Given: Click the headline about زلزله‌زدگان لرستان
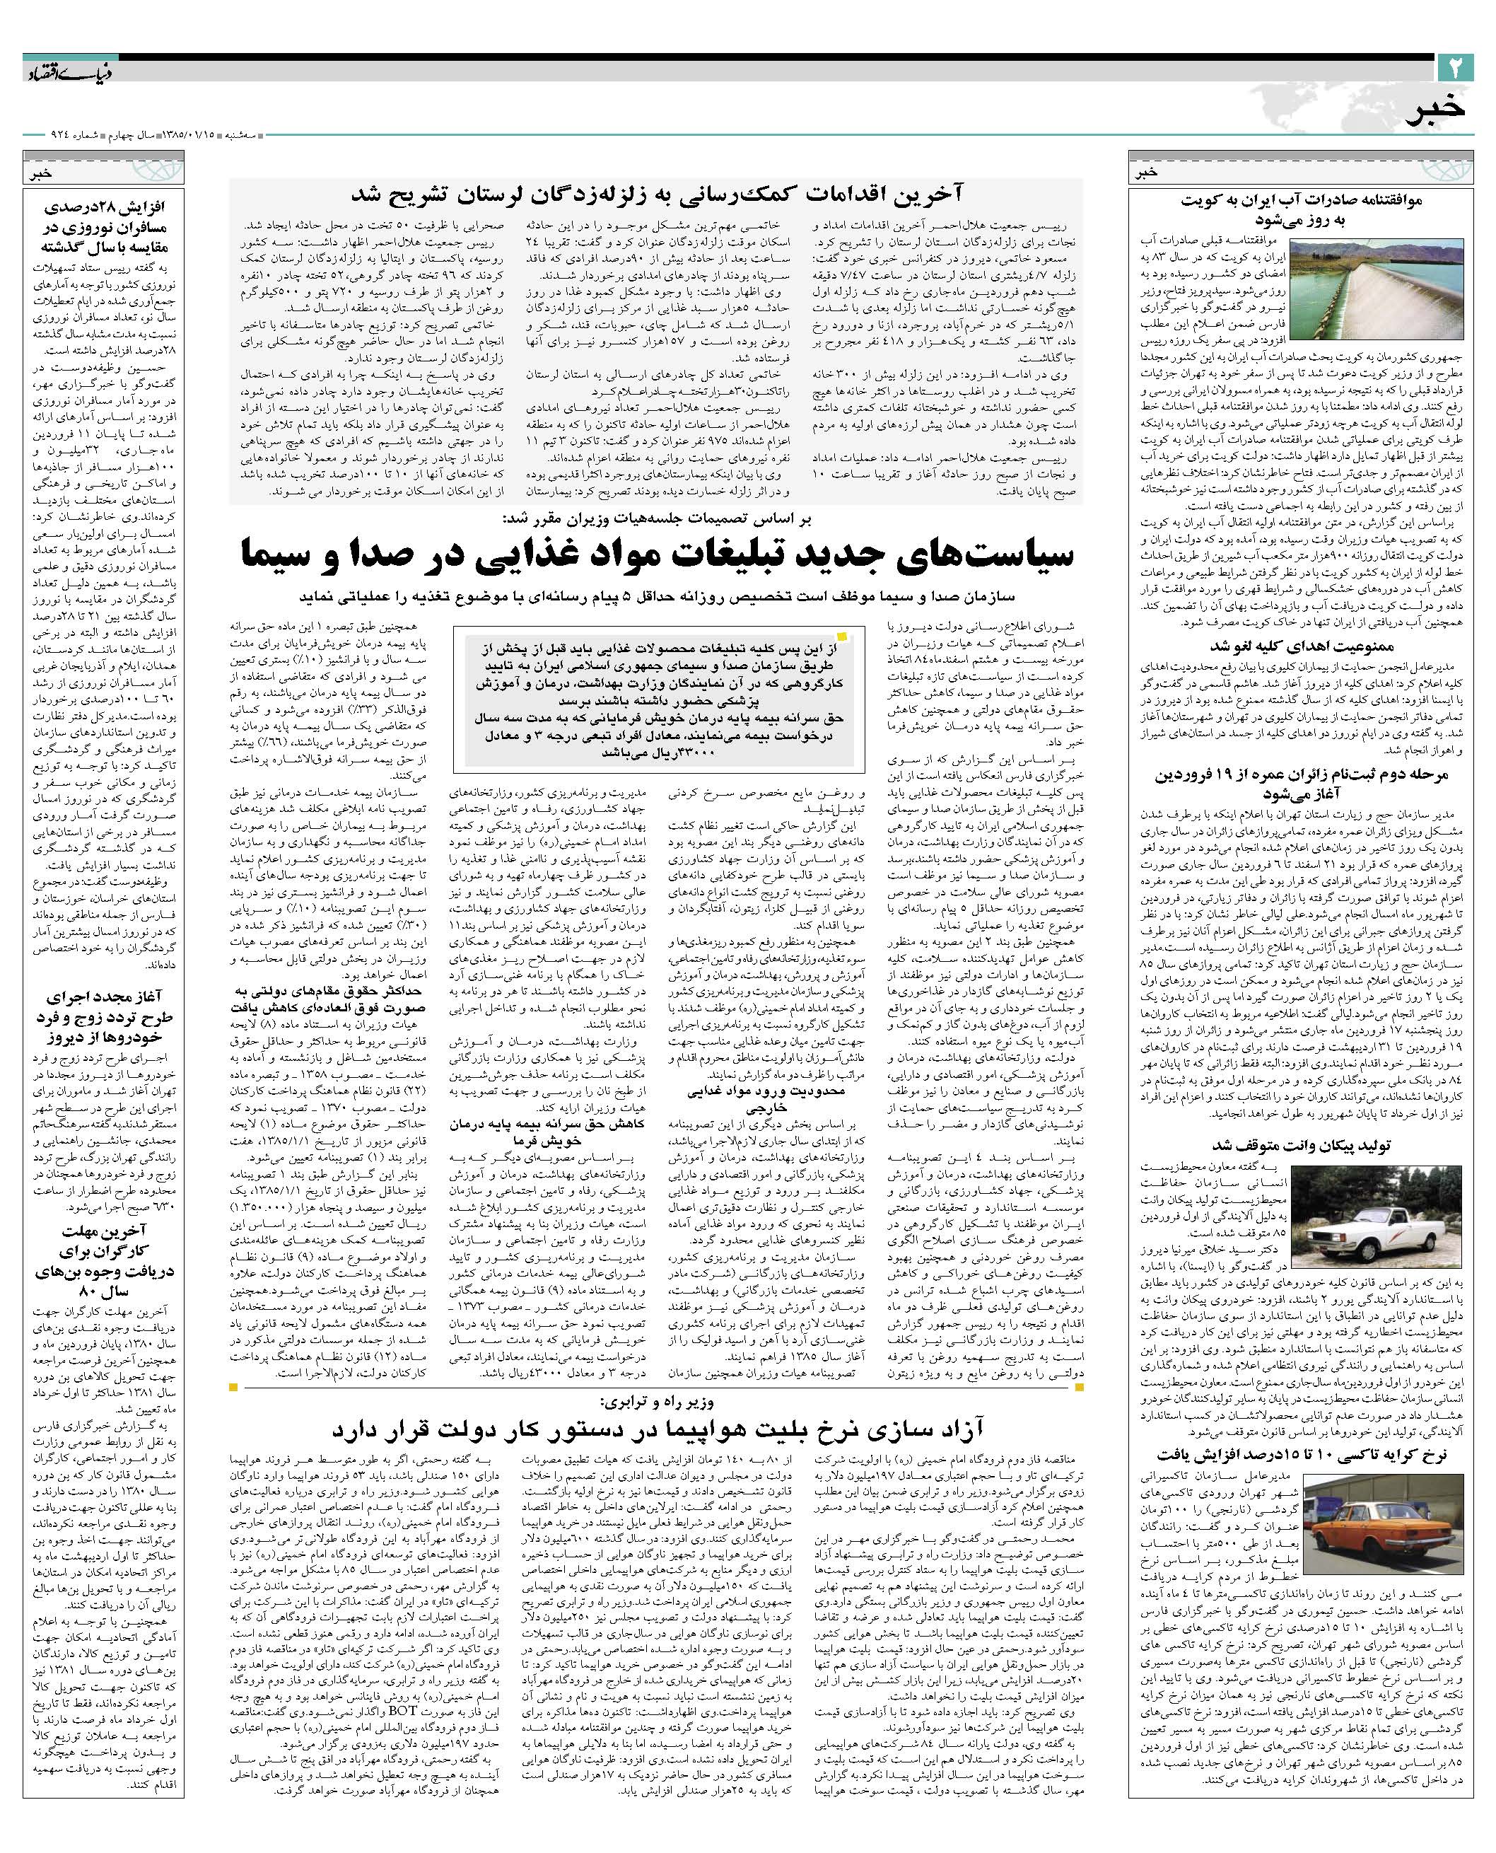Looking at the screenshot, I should pos(654,193).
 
